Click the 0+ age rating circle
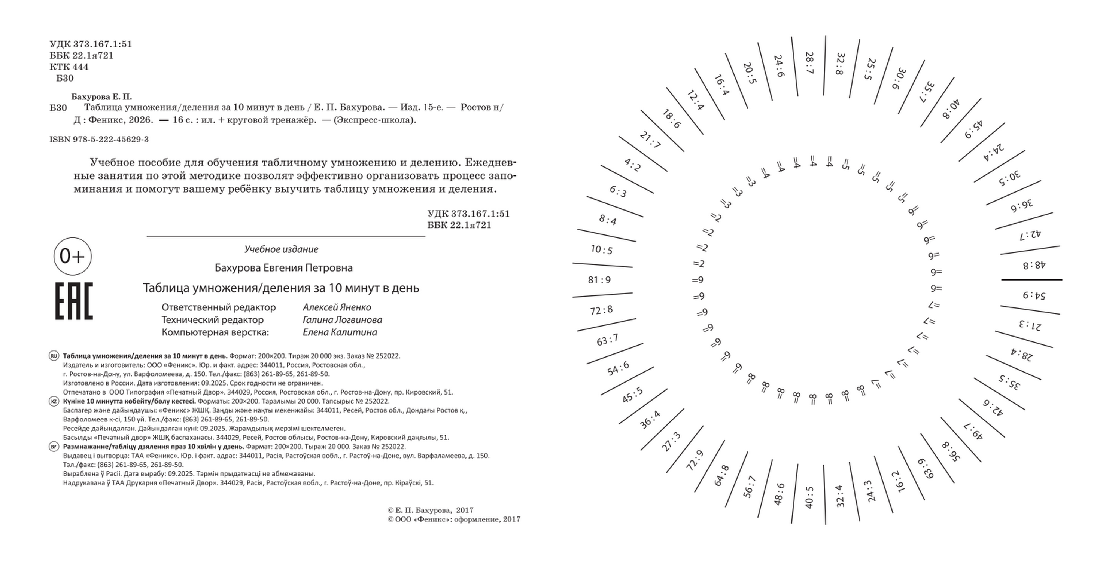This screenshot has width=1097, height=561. click(x=72, y=256)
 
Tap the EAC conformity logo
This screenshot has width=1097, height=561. click(x=74, y=301)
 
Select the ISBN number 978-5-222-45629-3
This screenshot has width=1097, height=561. click(x=99, y=140)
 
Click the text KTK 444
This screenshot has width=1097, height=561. click(x=69, y=67)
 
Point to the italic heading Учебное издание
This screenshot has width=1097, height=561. click(x=281, y=249)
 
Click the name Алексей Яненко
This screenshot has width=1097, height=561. click(x=337, y=307)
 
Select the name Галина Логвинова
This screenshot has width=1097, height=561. click(x=342, y=319)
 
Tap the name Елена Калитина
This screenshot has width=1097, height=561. click(x=340, y=332)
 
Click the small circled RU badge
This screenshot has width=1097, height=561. click(x=54, y=356)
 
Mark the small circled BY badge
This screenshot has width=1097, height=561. click(x=54, y=447)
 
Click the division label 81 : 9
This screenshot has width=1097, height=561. click(x=599, y=280)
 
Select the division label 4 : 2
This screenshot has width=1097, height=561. click(x=632, y=165)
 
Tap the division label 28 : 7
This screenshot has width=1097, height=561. click(x=809, y=63)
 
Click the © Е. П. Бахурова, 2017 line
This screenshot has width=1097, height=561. click(x=430, y=511)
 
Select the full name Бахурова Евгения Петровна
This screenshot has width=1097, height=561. click(x=284, y=268)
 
